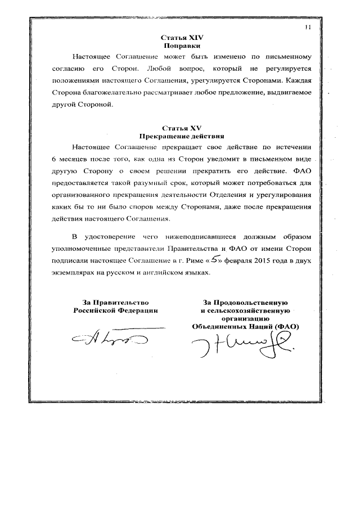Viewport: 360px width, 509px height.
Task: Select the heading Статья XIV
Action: (182, 37)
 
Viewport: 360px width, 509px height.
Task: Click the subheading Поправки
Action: (182, 45)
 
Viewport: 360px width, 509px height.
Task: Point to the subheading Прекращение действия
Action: (182, 136)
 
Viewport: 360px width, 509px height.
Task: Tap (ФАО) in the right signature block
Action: (285, 326)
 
